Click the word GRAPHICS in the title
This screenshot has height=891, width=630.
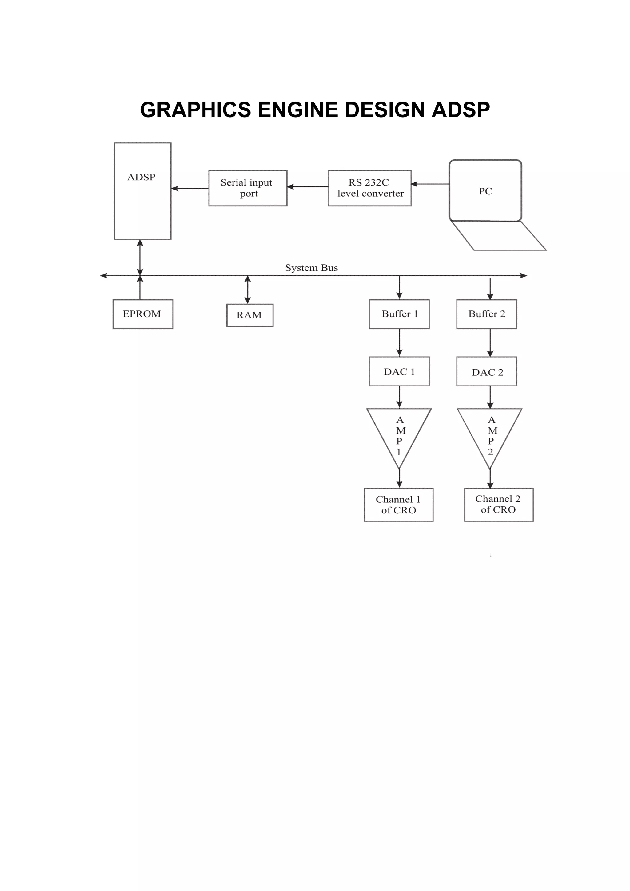pyautogui.click(x=195, y=110)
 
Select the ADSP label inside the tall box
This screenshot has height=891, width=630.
pyautogui.click(x=141, y=177)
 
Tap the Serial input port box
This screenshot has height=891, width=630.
pyautogui.click(x=248, y=188)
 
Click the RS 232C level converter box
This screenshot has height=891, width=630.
pyautogui.click(x=369, y=188)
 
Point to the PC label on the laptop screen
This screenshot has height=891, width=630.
pyautogui.click(x=485, y=191)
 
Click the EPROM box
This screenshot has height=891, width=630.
pyautogui.click(x=143, y=314)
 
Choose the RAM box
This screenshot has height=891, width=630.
pyautogui.click(x=249, y=315)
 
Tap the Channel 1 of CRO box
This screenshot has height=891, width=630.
pyautogui.click(x=398, y=505)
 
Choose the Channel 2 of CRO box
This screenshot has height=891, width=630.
pyautogui.click(x=498, y=505)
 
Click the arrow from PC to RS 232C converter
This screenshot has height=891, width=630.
pyautogui.click(x=430, y=184)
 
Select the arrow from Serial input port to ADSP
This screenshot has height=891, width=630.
pyautogui.click(x=190, y=189)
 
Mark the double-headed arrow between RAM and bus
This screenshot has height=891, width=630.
pyautogui.click(x=248, y=290)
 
